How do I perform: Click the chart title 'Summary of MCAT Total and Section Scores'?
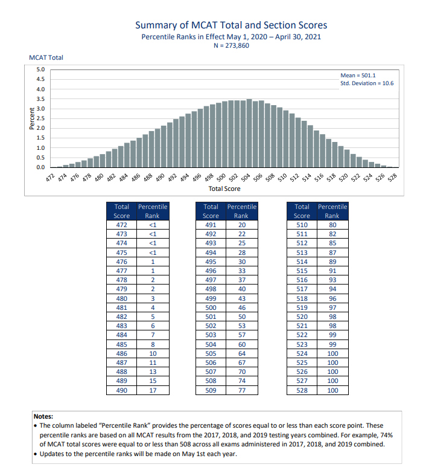(230, 25)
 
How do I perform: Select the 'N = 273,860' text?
(230, 46)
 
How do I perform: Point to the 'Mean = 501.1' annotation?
(358, 75)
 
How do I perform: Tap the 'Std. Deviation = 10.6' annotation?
(367, 83)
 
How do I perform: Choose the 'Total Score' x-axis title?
(224, 188)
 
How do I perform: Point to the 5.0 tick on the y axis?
(41, 70)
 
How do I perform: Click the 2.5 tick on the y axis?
(41, 118)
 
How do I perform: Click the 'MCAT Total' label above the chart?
(46, 58)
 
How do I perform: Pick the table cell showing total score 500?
(211, 308)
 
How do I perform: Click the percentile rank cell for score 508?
(241, 381)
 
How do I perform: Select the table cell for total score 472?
(121, 225)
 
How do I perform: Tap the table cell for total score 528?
(302, 391)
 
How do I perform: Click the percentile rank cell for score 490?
(152, 391)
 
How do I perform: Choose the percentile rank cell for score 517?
(332, 289)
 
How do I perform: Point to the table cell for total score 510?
(302, 225)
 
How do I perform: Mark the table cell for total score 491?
(211, 225)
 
